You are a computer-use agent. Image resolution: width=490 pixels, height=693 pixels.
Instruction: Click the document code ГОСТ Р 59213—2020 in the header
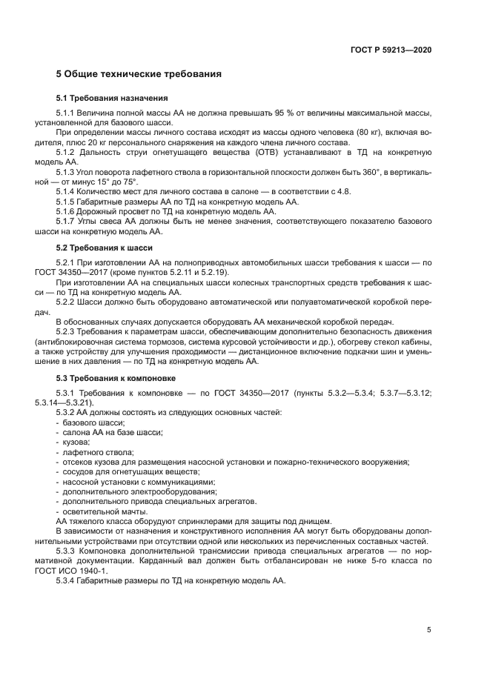(391, 50)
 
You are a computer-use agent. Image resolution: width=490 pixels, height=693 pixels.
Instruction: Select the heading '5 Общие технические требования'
(139, 75)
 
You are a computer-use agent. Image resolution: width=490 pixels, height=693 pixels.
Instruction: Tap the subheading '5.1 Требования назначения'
(112, 98)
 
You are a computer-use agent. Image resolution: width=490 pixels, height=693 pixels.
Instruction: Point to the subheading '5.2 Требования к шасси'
(105, 248)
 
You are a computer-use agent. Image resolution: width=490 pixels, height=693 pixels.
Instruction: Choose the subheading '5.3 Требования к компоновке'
(116, 378)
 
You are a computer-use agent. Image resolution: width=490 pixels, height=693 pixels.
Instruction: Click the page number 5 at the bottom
(428, 630)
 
